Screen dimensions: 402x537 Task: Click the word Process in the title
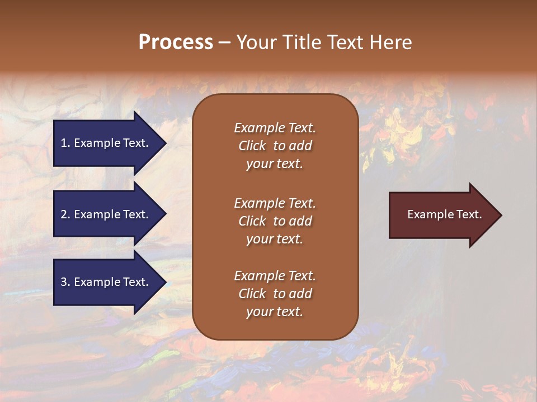pyautogui.click(x=176, y=42)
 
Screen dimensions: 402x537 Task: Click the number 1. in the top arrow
pyautogui.click(x=65, y=143)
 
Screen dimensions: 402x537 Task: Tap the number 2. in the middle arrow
pyautogui.click(x=65, y=214)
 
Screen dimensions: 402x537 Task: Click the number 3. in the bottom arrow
pyautogui.click(x=65, y=282)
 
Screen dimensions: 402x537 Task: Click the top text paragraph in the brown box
pyautogui.click(x=275, y=146)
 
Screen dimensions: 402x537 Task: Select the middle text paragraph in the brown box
pyautogui.click(x=275, y=221)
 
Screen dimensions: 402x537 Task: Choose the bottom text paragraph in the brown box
pyautogui.click(x=275, y=294)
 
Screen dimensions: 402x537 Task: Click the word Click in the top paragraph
pyautogui.click(x=252, y=146)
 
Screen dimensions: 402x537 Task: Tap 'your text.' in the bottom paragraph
pyautogui.click(x=275, y=312)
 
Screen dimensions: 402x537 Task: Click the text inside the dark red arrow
pyautogui.click(x=445, y=214)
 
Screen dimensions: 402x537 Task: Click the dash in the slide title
pyautogui.click(x=224, y=43)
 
